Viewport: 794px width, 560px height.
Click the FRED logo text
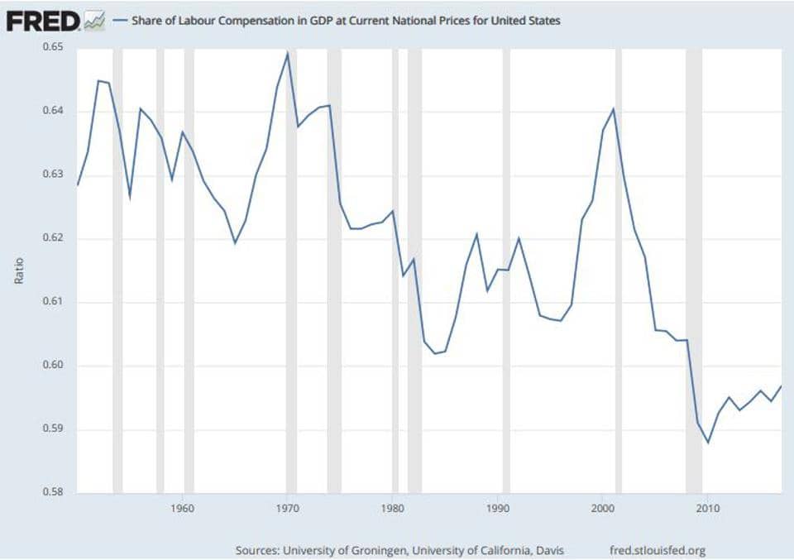click(x=42, y=21)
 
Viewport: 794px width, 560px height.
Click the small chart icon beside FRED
click(x=94, y=21)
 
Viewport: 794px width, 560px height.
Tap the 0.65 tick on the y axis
click(x=53, y=48)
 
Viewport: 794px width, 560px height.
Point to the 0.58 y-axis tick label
click(x=53, y=493)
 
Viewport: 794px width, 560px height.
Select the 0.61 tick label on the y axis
click(x=53, y=302)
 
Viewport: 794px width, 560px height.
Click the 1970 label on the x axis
click(x=287, y=507)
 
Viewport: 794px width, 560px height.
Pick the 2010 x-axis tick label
click(x=706, y=507)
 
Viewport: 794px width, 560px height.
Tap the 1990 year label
click(x=497, y=507)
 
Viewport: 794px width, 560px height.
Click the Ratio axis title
click(x=19, y=270)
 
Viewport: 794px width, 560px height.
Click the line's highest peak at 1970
click(x=287, y=53)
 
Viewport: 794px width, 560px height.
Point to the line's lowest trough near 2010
click(x=707, y=443)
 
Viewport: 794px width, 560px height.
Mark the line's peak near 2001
click(x=613, y=108)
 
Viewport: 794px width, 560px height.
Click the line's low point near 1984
click(x=434, y=354)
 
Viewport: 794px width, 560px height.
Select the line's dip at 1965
click(x=235, y=243)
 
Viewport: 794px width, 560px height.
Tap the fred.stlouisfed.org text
click(x=657, y=550)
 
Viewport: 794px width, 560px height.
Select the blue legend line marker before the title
click(x=120, y=21)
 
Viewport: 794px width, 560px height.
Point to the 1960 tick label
click(x=182, y=507)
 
